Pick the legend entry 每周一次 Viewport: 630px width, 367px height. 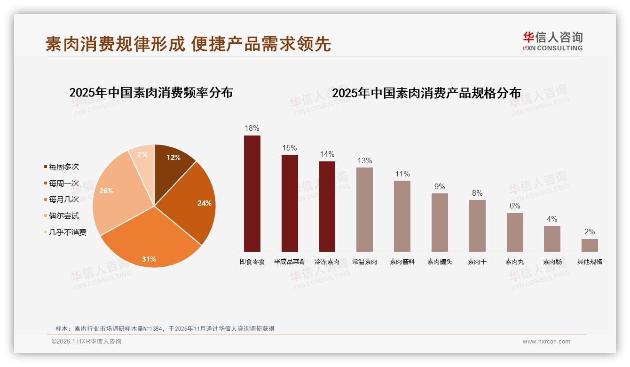pos(64,183)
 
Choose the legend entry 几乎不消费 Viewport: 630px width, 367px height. pos(67,232)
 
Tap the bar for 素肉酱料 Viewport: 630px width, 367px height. pos(402,216)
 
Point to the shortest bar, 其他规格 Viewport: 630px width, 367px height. pos(590,245)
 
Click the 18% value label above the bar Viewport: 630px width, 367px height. pos(252,128)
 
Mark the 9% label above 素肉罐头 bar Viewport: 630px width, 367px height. pos(440,186)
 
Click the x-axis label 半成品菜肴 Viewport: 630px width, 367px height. pos(290,262)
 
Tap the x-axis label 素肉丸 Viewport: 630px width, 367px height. pos(515,262)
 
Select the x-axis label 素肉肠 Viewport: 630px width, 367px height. pos(552,262)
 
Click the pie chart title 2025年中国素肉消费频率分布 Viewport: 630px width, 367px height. pos(151,92)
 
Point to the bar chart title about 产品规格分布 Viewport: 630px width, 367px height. pos(426,93)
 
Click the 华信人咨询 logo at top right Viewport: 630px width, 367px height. pos(553,41)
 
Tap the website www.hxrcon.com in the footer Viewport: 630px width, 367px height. pos(546,342)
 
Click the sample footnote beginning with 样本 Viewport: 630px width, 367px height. pos(165,328)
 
